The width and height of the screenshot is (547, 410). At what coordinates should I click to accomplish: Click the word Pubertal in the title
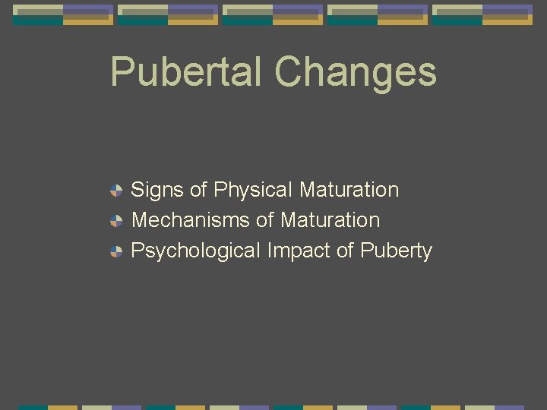[x=187, y=72]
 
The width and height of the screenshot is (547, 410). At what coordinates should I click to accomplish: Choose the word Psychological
[x=196, y=251]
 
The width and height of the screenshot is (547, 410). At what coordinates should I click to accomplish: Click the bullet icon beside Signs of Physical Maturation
[x=115, y=191]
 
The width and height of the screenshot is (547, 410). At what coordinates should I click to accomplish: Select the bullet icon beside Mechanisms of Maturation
[x=115, y=221]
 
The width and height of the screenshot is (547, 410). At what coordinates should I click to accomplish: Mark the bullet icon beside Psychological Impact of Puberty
[x=115, y=251]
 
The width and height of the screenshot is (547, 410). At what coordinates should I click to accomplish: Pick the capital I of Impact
[x=270, y=251]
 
